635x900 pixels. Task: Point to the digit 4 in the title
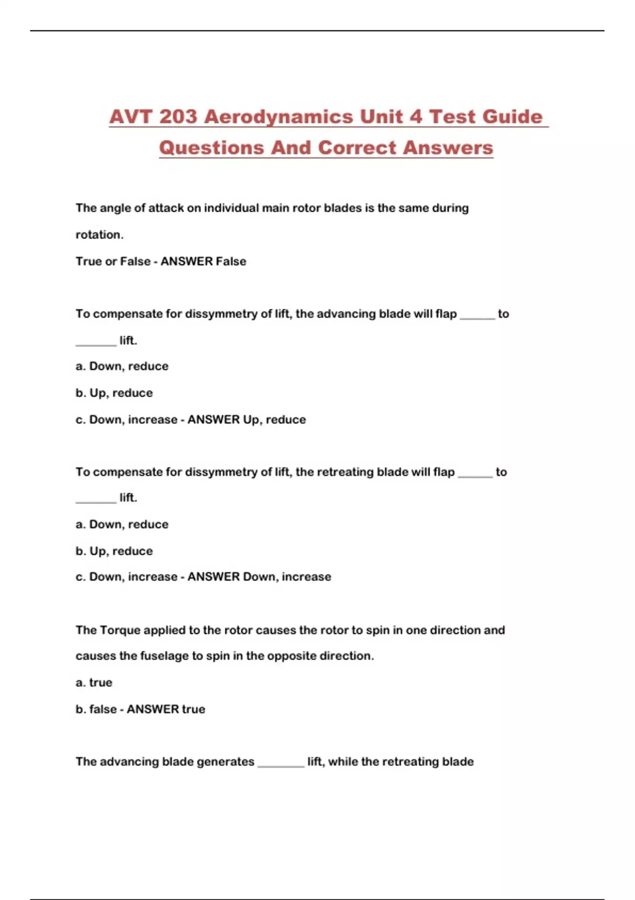tap(416, 116)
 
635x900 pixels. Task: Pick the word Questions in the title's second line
tap(211, 148)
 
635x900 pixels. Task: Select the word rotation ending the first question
tap(98, 235)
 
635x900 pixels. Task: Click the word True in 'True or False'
tap(88, 262)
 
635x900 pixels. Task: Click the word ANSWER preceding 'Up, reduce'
tap(213, 420)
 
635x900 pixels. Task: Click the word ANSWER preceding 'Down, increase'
tap(213, 577)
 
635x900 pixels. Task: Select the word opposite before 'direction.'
tap(288, 656)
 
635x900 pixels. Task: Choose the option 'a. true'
tap(94, 683)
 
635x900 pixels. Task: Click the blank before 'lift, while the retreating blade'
tap(281, 764)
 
